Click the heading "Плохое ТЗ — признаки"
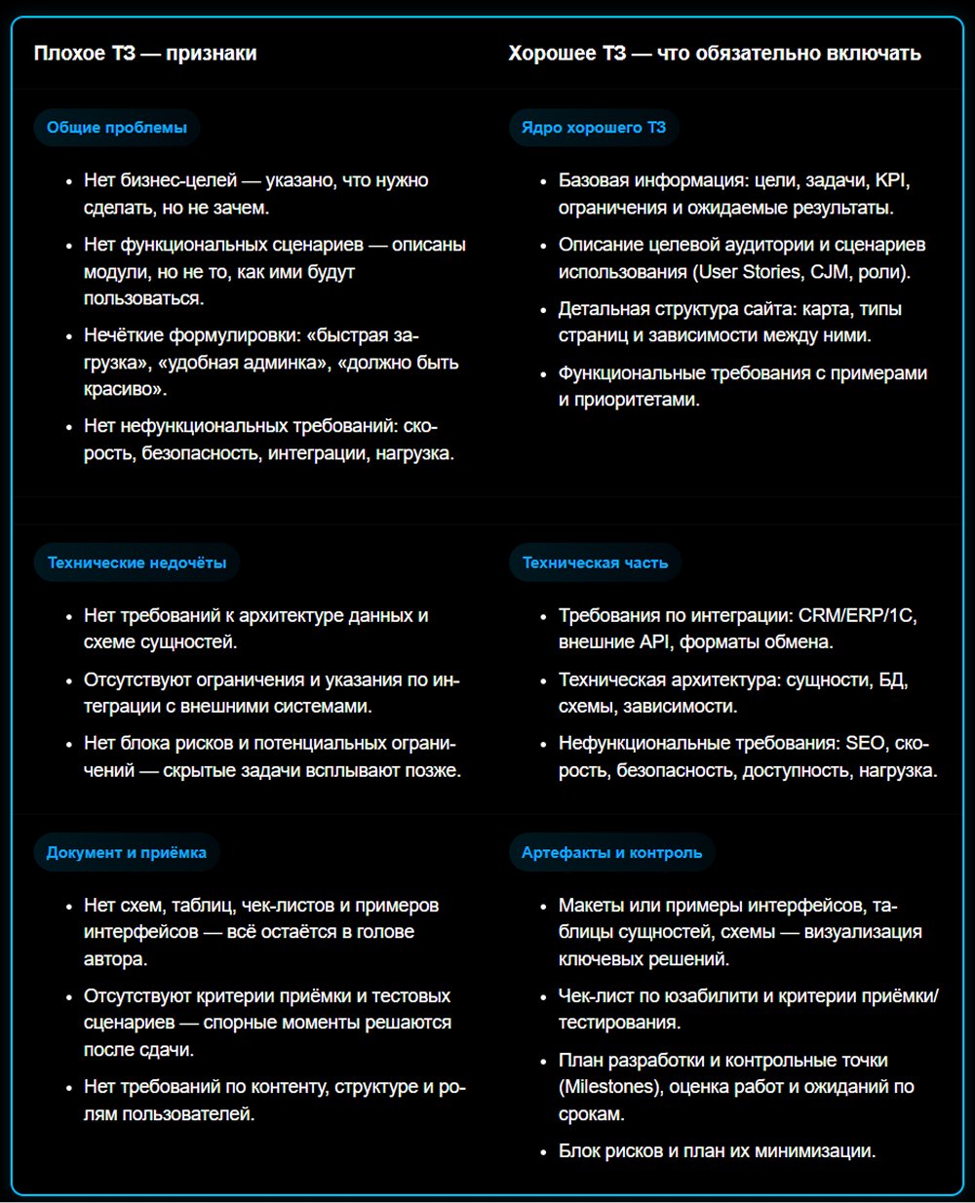[145, 54]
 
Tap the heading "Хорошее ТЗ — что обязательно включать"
[714, 54]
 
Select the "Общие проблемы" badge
[116, 128]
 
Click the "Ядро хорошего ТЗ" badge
[593, 128]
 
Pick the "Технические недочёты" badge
[136, 563]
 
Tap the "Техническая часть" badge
[595, 563]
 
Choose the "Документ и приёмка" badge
[126, 852]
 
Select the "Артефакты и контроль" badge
[611, 852]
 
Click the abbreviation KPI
[892, 180]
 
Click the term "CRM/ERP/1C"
[857, 616]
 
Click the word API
[654, 642]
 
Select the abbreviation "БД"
[892, 680]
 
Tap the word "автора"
[115, 959]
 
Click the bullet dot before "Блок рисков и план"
[543, 1152]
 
